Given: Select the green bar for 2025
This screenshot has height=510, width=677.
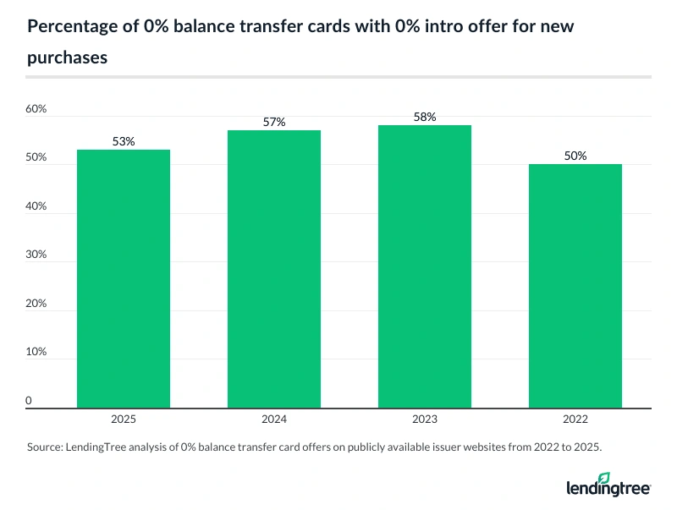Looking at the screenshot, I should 124,279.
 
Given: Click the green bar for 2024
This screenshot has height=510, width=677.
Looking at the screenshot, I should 274,269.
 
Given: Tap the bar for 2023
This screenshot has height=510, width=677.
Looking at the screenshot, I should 425,266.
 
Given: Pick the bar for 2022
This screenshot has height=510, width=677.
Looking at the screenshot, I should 575,286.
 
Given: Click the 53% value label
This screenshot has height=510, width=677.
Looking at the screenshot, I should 124,141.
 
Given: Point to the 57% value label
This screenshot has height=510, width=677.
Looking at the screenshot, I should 274,123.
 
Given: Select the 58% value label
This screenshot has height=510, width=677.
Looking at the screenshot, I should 425,118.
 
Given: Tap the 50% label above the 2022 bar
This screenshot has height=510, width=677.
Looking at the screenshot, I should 575,156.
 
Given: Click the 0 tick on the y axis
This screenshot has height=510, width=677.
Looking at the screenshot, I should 29,400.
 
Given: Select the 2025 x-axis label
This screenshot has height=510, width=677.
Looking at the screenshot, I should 124,419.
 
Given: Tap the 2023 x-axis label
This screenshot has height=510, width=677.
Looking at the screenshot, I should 425,419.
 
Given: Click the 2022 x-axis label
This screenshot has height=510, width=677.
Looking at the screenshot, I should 575,419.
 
